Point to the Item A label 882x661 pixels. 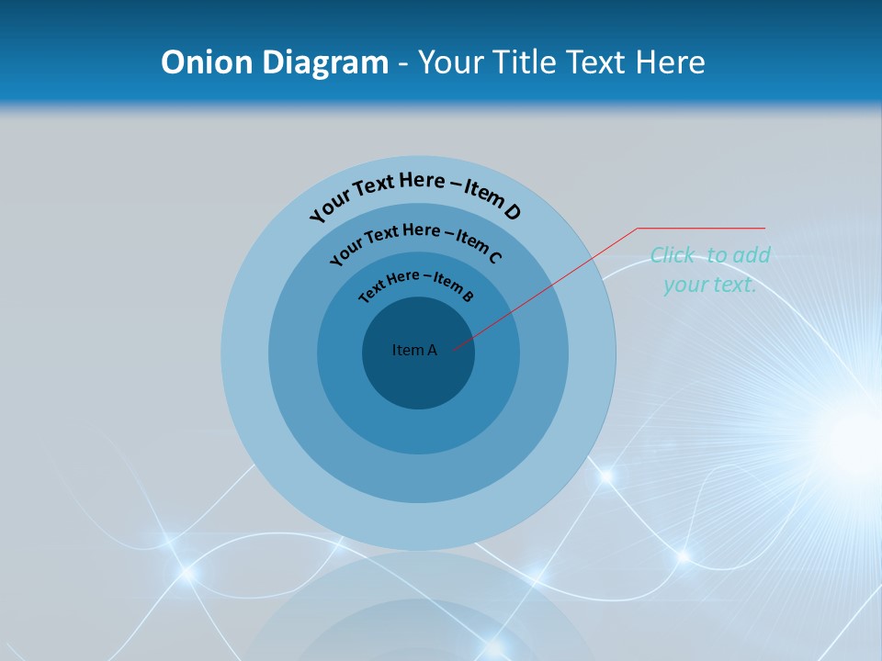tap(414, 350)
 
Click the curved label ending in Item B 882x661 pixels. tap(416, 284)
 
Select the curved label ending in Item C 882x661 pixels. tap(415, 241)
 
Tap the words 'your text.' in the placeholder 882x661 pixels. tap(709, 285)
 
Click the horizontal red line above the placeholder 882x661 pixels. tap(701, 228)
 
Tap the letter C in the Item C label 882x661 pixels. tap(494, 257)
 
